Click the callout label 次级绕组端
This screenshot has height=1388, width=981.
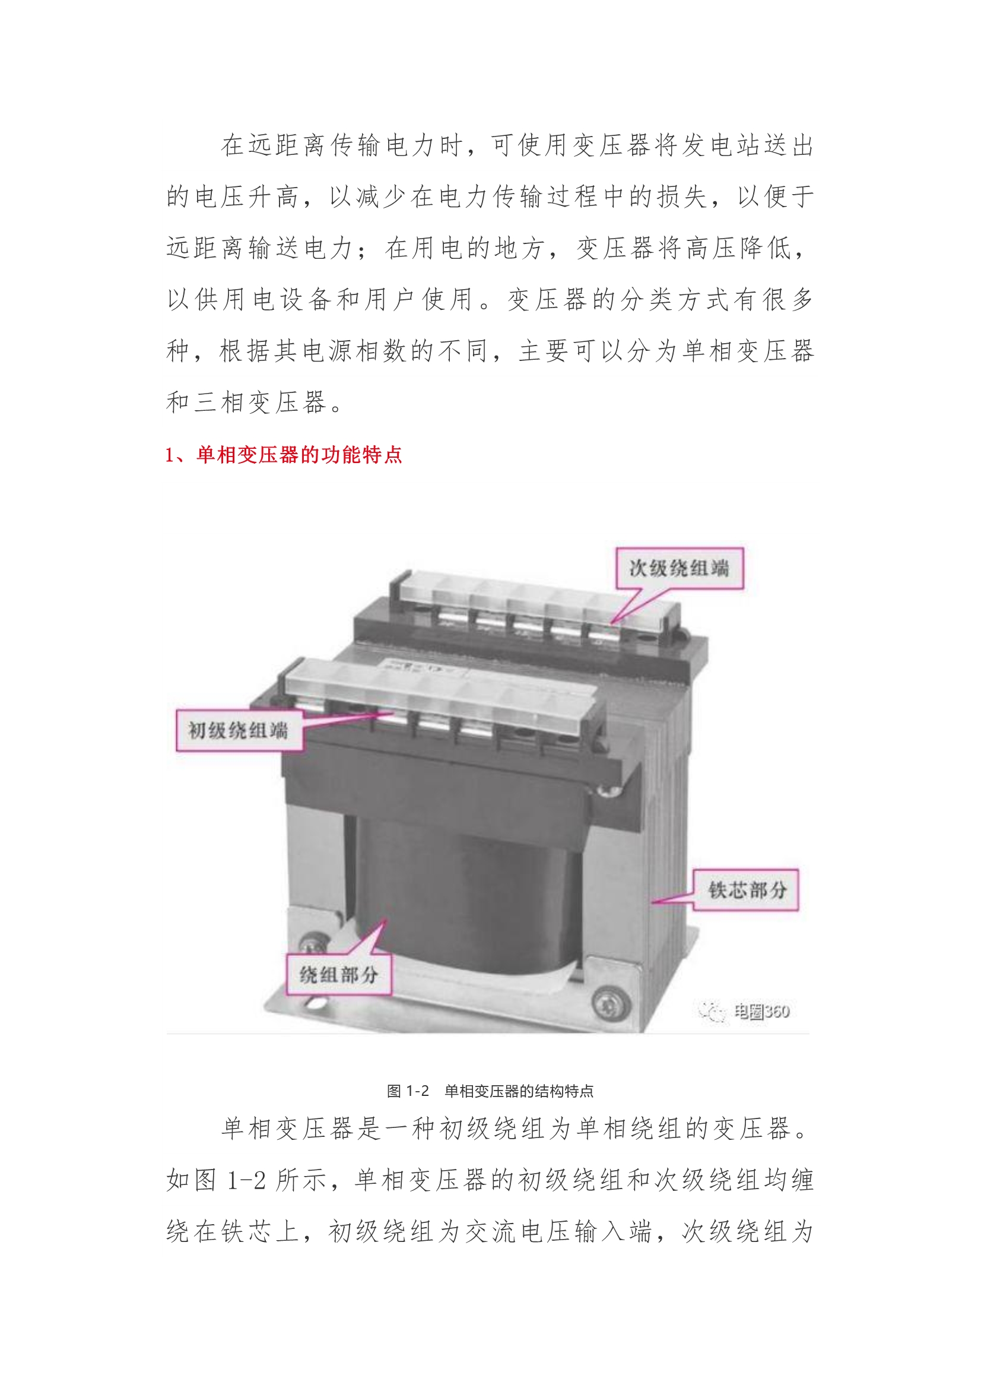(x=680, y=568)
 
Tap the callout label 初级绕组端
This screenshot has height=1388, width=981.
(x=239, y=730)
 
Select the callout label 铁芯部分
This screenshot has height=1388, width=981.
(x=746, y=890)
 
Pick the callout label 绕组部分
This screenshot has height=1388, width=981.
(x=338, y=974)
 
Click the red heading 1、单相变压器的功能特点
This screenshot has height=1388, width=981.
(x=284, y=455)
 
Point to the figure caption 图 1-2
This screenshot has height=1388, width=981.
(x=408, y=1091)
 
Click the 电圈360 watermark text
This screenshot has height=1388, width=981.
(x=761, y=1012)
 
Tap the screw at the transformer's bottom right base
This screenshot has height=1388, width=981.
(x=604, y=1004)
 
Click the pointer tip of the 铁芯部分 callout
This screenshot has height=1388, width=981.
(x=652, y=902)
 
